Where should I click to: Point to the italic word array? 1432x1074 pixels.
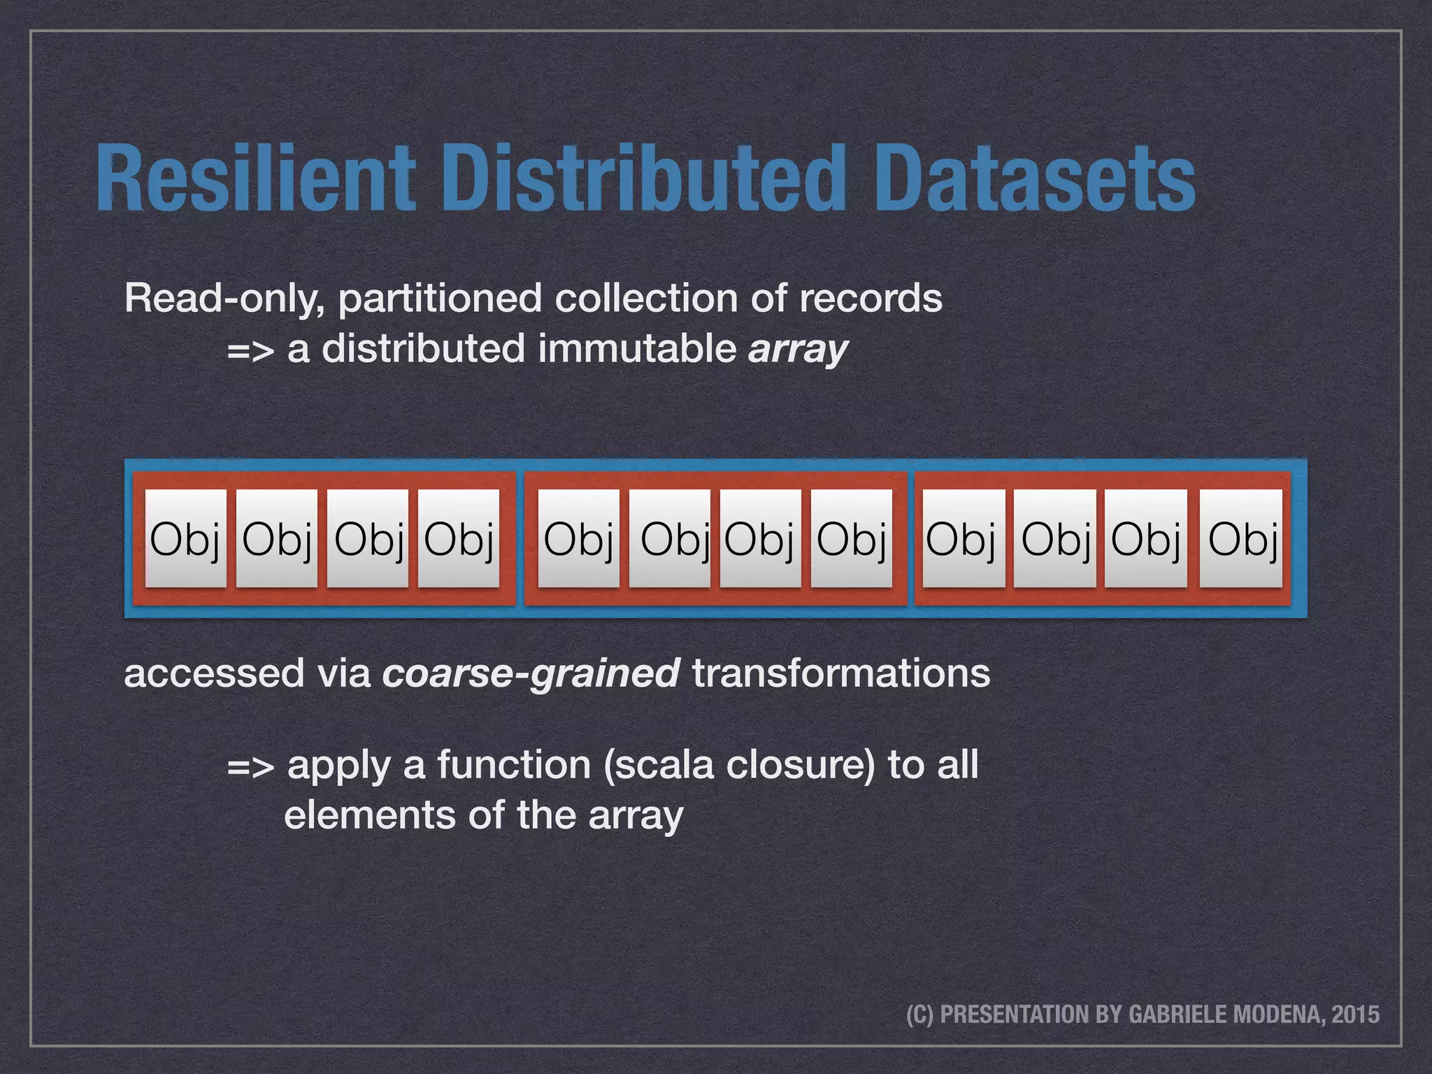[x=798, y=349]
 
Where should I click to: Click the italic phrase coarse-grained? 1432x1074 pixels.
[x=531, y=674]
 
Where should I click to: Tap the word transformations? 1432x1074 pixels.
[x=841, y=674]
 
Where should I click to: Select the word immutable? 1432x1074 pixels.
[x=636, y=348]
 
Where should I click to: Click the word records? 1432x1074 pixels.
[x=871, y=299]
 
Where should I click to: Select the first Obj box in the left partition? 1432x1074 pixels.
[x=185, y=538]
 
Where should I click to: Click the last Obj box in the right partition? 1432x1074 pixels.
[x=1241, y=538]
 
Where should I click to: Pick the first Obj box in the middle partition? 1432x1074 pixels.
[x=578, y=538]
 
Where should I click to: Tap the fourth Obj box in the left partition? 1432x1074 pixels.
[x=459, y=538]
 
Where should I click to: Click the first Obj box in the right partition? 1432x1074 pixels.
[x=964, y=538]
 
